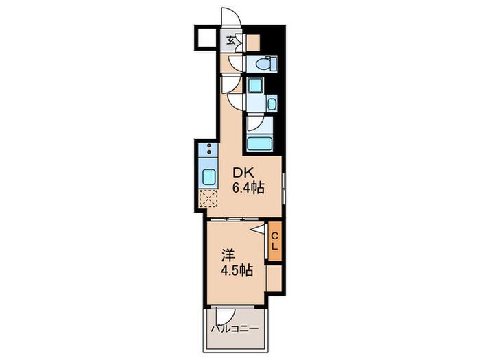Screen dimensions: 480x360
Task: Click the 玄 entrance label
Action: (231, 40)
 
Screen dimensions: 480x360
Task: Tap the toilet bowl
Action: (263, 64)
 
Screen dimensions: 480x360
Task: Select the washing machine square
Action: (255, 85)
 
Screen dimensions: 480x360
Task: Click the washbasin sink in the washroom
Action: (272, 104)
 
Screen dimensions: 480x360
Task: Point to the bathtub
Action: (260, 143)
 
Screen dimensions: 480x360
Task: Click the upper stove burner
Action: (209, 145)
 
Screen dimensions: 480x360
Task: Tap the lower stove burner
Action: (209, 152)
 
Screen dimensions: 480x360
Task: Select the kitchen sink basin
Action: (208, 177)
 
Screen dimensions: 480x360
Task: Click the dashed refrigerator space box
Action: (208, 199)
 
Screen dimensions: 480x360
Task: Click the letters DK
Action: (243, 173)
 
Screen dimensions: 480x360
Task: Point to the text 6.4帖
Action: (248, 188)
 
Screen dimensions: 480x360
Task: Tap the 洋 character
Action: (228, 256)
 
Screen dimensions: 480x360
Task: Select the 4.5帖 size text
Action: (237, 271)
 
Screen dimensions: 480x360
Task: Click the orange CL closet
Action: (274, 241)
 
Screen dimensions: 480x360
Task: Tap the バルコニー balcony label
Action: (235, 329)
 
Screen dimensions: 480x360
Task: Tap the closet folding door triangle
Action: (258, 230)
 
